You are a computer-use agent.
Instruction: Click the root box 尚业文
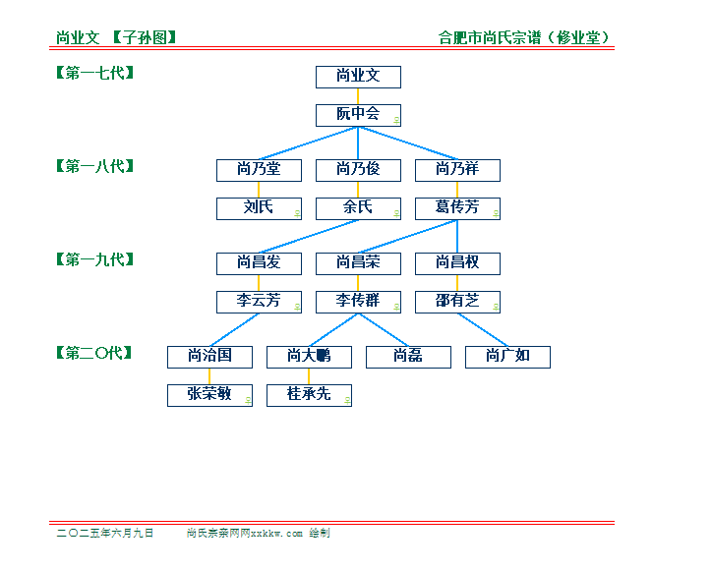[x=358, y=77]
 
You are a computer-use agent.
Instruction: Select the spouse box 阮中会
[x=358, y=115]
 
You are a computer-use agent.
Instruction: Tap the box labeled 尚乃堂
[x=259, y=170]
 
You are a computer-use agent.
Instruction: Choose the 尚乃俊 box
[x=358, y=170]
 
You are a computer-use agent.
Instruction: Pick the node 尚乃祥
[x=457, y=170]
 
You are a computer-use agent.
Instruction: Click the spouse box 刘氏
[x=259, y=208]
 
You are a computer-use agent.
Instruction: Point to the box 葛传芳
[x=457, y=208]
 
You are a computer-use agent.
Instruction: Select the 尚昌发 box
[x=259, y=263]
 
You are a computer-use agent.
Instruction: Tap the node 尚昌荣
[x=358, y=263]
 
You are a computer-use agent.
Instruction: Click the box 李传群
[x=358, y=303]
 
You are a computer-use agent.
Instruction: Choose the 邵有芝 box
[x=457, y=303]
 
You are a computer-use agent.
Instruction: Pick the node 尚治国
[x=209, y=357]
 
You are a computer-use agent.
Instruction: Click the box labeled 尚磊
[x=409, y=357]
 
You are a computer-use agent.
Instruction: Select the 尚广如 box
[x=508, y=357]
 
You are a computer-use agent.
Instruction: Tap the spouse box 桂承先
[x=309, y=396]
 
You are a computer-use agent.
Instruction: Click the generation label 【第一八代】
[x=95, y=166]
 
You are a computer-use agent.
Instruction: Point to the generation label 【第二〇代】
[x=94, y=353]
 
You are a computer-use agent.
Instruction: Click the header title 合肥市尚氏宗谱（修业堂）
[x=523, y=37]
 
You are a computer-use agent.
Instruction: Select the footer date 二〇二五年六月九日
[x=105, y=533]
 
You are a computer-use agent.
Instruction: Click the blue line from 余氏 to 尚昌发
[x=309, y=237]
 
